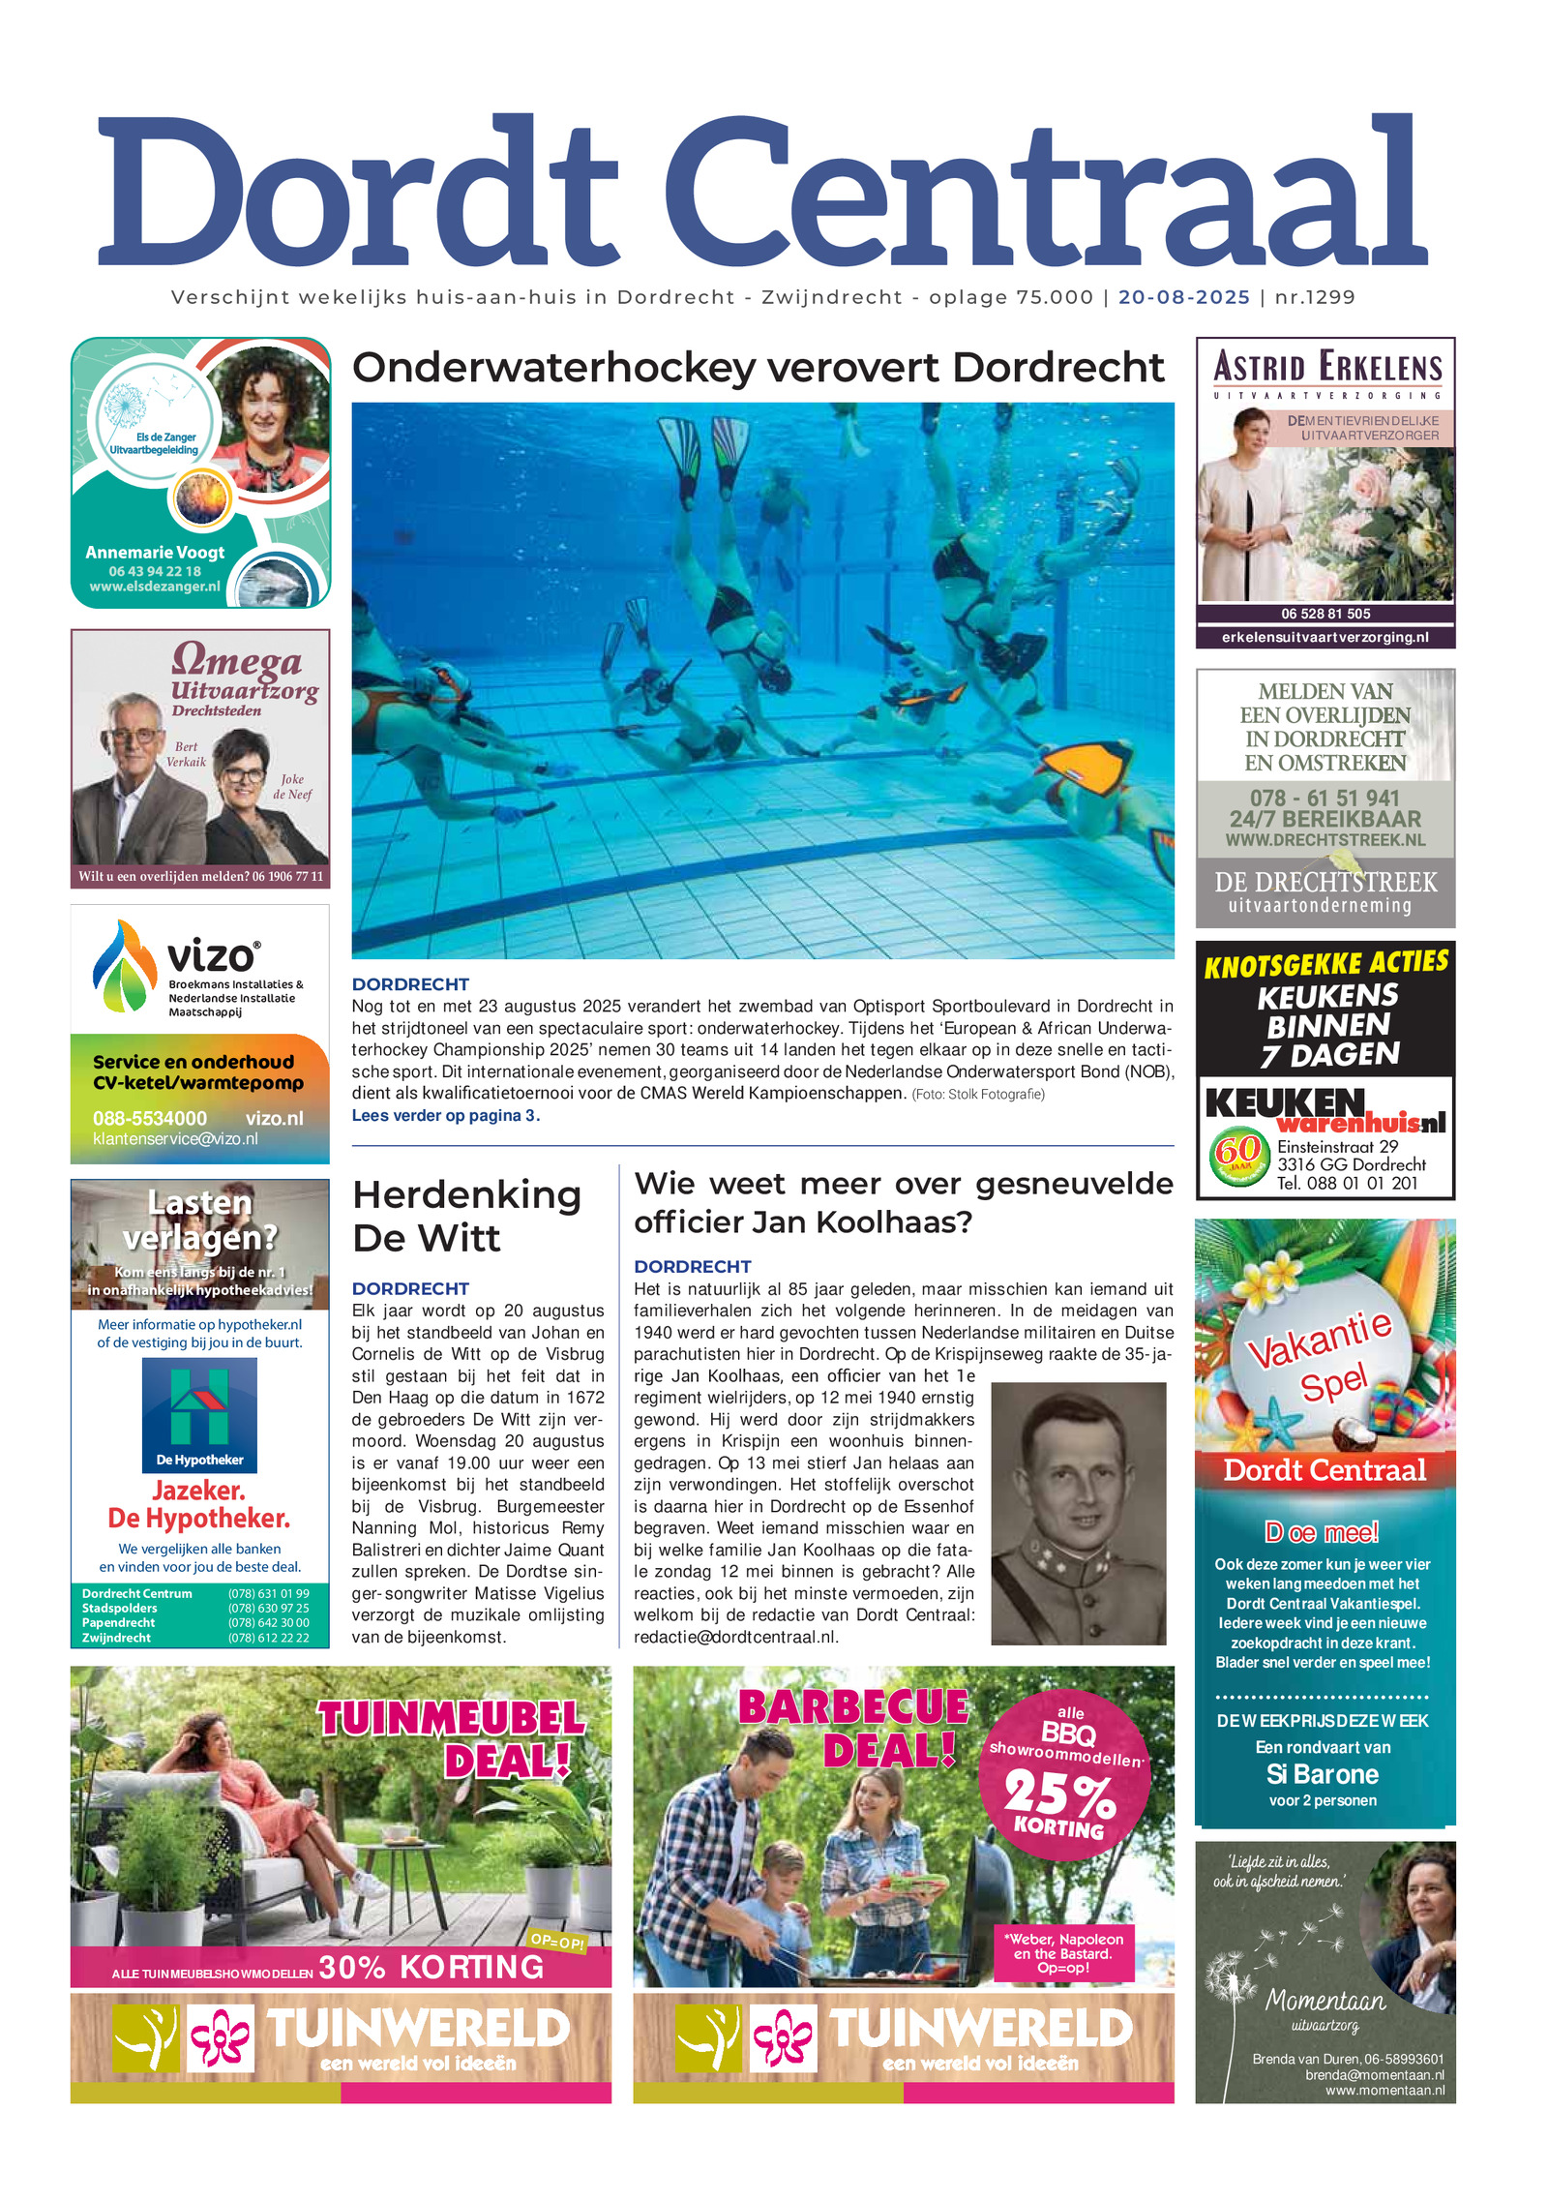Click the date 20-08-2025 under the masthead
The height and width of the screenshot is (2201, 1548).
click(x=1183, y=297)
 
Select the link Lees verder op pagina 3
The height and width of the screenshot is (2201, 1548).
click(x=445, y=1115)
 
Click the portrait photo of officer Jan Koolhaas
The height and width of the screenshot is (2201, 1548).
click(x=1078, y=1513)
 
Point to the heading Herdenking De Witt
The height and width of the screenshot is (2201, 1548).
click(x=466, y=1216)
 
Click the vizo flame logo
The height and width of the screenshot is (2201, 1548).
click(x=124, y=966)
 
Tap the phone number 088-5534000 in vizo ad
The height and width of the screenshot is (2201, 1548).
click(x=149, y=1118)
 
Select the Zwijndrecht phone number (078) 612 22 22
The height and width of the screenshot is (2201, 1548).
click(x=268, y=1638)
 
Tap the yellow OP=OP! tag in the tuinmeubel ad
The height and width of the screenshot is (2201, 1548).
click(x=557, y=1941)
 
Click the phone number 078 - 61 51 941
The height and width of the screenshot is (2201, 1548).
click(x=1324, y=799)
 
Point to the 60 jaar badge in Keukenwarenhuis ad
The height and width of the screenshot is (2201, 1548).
click(x=1237, y=1154)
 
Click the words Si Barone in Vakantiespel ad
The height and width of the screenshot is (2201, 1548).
click(x=1322, y=1774)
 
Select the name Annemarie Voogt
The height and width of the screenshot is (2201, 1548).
click(x=155, y=553)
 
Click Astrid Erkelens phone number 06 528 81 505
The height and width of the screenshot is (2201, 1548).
click(x=1325, y=614)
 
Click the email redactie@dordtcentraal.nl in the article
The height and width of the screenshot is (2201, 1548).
click(x=735, y=1637)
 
